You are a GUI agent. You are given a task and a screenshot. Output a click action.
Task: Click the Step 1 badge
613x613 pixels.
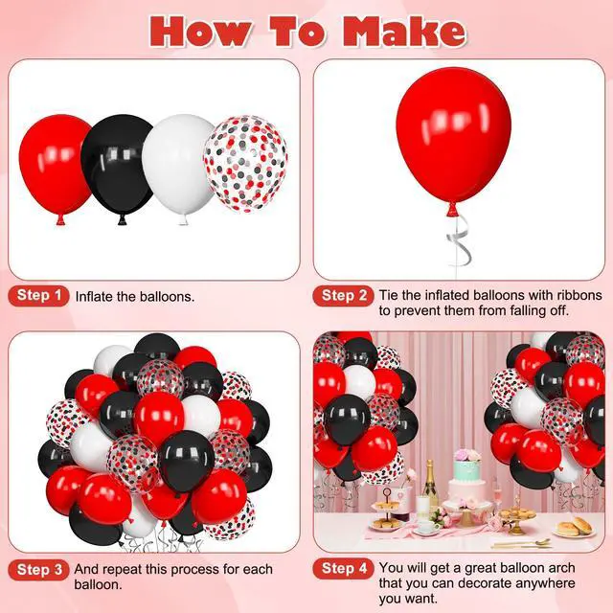coord(38,296)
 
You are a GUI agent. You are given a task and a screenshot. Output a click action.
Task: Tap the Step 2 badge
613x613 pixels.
coord(343,296)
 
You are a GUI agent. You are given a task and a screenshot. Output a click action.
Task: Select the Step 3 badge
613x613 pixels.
coord(38,570)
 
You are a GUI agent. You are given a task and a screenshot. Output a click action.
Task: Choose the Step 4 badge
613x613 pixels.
coord(343,568)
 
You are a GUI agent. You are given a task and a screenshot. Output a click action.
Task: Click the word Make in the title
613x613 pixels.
coord(404,32)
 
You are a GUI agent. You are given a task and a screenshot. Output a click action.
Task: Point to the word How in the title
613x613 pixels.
coord(200,32)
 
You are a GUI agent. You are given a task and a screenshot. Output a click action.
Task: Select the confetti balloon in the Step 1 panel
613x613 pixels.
coord(246,164)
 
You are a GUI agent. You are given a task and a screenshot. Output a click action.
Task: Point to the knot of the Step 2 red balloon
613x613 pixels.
coord(453,211)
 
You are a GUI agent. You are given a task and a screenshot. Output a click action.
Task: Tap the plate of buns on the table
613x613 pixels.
coord(574,529)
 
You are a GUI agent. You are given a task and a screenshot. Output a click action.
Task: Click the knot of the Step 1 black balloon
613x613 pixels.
coord(123,220)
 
